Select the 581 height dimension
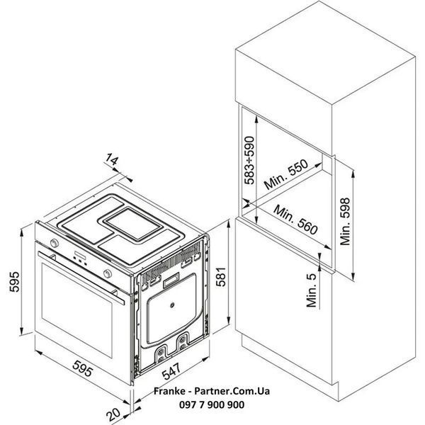221,276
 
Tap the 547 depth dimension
171,370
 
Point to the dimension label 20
113,414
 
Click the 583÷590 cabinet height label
249,160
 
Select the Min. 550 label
286,174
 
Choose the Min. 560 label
295,220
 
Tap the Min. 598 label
345,222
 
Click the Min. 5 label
312,290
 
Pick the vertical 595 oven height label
15,282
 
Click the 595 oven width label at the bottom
83,368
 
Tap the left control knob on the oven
55,242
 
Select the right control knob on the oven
108,273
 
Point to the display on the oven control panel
80,255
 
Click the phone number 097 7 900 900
212,404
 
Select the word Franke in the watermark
169,391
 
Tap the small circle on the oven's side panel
172,305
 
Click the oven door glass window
77,310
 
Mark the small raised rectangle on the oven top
133,224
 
